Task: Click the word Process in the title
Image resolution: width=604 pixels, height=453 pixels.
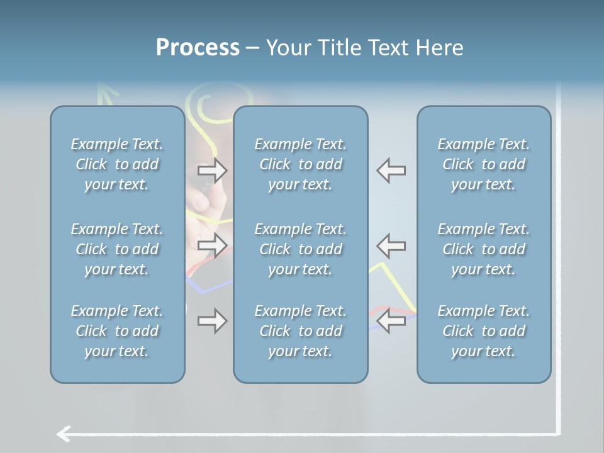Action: click(x=198, y=48)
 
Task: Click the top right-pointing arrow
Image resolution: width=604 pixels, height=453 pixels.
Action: click(x=212, y=170)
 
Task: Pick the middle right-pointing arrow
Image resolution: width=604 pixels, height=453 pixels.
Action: click(x=212, y=245)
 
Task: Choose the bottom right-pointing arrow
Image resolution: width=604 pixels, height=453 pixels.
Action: click(x=212, y=321)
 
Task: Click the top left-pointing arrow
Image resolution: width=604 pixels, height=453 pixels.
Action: click(x=391, y=170)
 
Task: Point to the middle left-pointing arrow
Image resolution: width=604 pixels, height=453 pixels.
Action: click(x=391, y=245)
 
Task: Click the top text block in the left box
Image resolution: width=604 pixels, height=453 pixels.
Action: click(x=117, y=164)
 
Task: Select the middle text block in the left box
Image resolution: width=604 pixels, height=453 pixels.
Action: click(x=117, y=249)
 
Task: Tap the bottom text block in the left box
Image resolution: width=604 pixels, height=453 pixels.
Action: click(x=117, y=331)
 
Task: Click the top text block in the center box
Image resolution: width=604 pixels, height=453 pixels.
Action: click(x=300, y=164)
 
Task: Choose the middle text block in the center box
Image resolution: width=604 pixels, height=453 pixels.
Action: click(x=300, y=249)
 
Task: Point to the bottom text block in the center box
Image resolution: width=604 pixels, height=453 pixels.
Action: click(x=300, y=331)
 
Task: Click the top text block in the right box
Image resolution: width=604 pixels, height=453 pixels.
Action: click(x=484, y=164)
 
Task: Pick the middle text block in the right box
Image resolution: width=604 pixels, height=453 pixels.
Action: click(x=484, y=249)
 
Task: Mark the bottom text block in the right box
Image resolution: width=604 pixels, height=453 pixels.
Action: click(x=484, y=331)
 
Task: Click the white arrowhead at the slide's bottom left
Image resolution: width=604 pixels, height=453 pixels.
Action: click(x=62, y=433)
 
